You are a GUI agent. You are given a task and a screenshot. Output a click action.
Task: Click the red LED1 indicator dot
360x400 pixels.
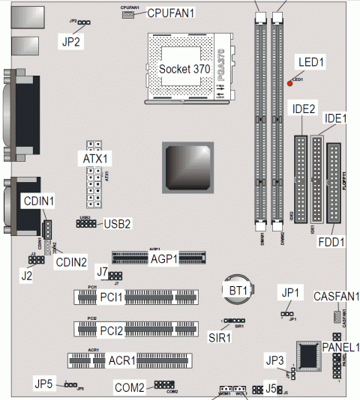coord(289,83)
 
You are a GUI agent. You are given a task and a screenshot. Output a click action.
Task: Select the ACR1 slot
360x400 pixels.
coord(132,361)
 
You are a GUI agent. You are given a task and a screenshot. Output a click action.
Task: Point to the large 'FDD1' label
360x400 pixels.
coord(331,242)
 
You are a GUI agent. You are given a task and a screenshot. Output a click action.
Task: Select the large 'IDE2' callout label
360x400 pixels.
coord(303,110)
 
